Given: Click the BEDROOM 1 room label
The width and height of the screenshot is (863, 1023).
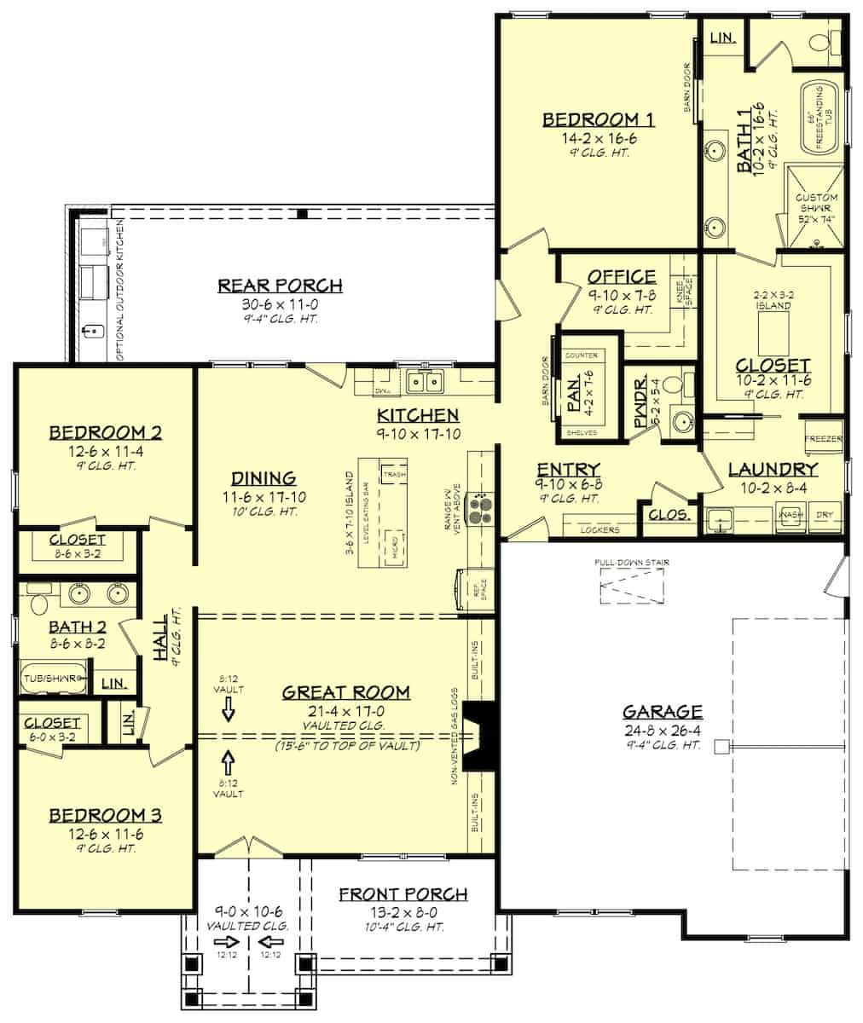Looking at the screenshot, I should (598, 119).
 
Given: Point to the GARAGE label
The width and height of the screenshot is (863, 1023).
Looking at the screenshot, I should (662, 711).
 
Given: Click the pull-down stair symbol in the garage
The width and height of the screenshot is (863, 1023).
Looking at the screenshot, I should (631, 587).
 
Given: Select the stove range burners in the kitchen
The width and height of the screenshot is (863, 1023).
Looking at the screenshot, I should (482, 509).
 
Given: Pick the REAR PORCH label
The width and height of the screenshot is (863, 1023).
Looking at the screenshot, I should (280, 286).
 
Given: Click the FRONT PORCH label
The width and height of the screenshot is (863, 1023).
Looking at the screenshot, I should (403, 894).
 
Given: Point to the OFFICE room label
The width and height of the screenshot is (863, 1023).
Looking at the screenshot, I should (622, 276).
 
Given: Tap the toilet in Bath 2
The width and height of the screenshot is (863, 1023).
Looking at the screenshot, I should (37, 604).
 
